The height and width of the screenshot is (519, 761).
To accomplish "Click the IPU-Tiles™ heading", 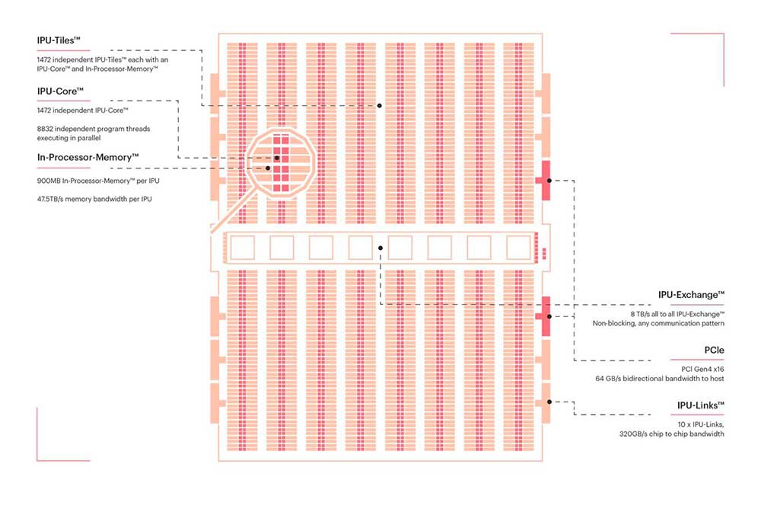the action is click(59, 40).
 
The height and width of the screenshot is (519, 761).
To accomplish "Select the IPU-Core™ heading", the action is click(60, 91).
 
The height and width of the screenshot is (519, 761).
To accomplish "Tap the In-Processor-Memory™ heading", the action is click(88, 158).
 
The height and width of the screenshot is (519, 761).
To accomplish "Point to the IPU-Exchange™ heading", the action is click(691, 294).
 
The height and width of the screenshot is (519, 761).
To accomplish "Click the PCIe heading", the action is click(714, 350).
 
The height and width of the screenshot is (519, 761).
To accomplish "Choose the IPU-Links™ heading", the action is click(700, 405).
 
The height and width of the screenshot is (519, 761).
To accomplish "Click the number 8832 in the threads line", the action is click(45, 129).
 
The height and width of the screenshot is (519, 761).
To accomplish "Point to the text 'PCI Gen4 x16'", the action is click(702, 370).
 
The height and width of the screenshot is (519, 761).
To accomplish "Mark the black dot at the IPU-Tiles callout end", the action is click(380, 105).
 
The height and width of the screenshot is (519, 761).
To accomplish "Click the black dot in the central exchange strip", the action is click(380, 248).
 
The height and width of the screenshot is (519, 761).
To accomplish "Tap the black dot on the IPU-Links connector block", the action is click(549, 402).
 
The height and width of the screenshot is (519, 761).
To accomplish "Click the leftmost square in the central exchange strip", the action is click(242, 248).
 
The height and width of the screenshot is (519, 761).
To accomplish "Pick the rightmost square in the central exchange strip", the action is click(518, 248).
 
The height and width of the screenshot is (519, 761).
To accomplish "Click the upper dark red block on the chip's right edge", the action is click(546, 181).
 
